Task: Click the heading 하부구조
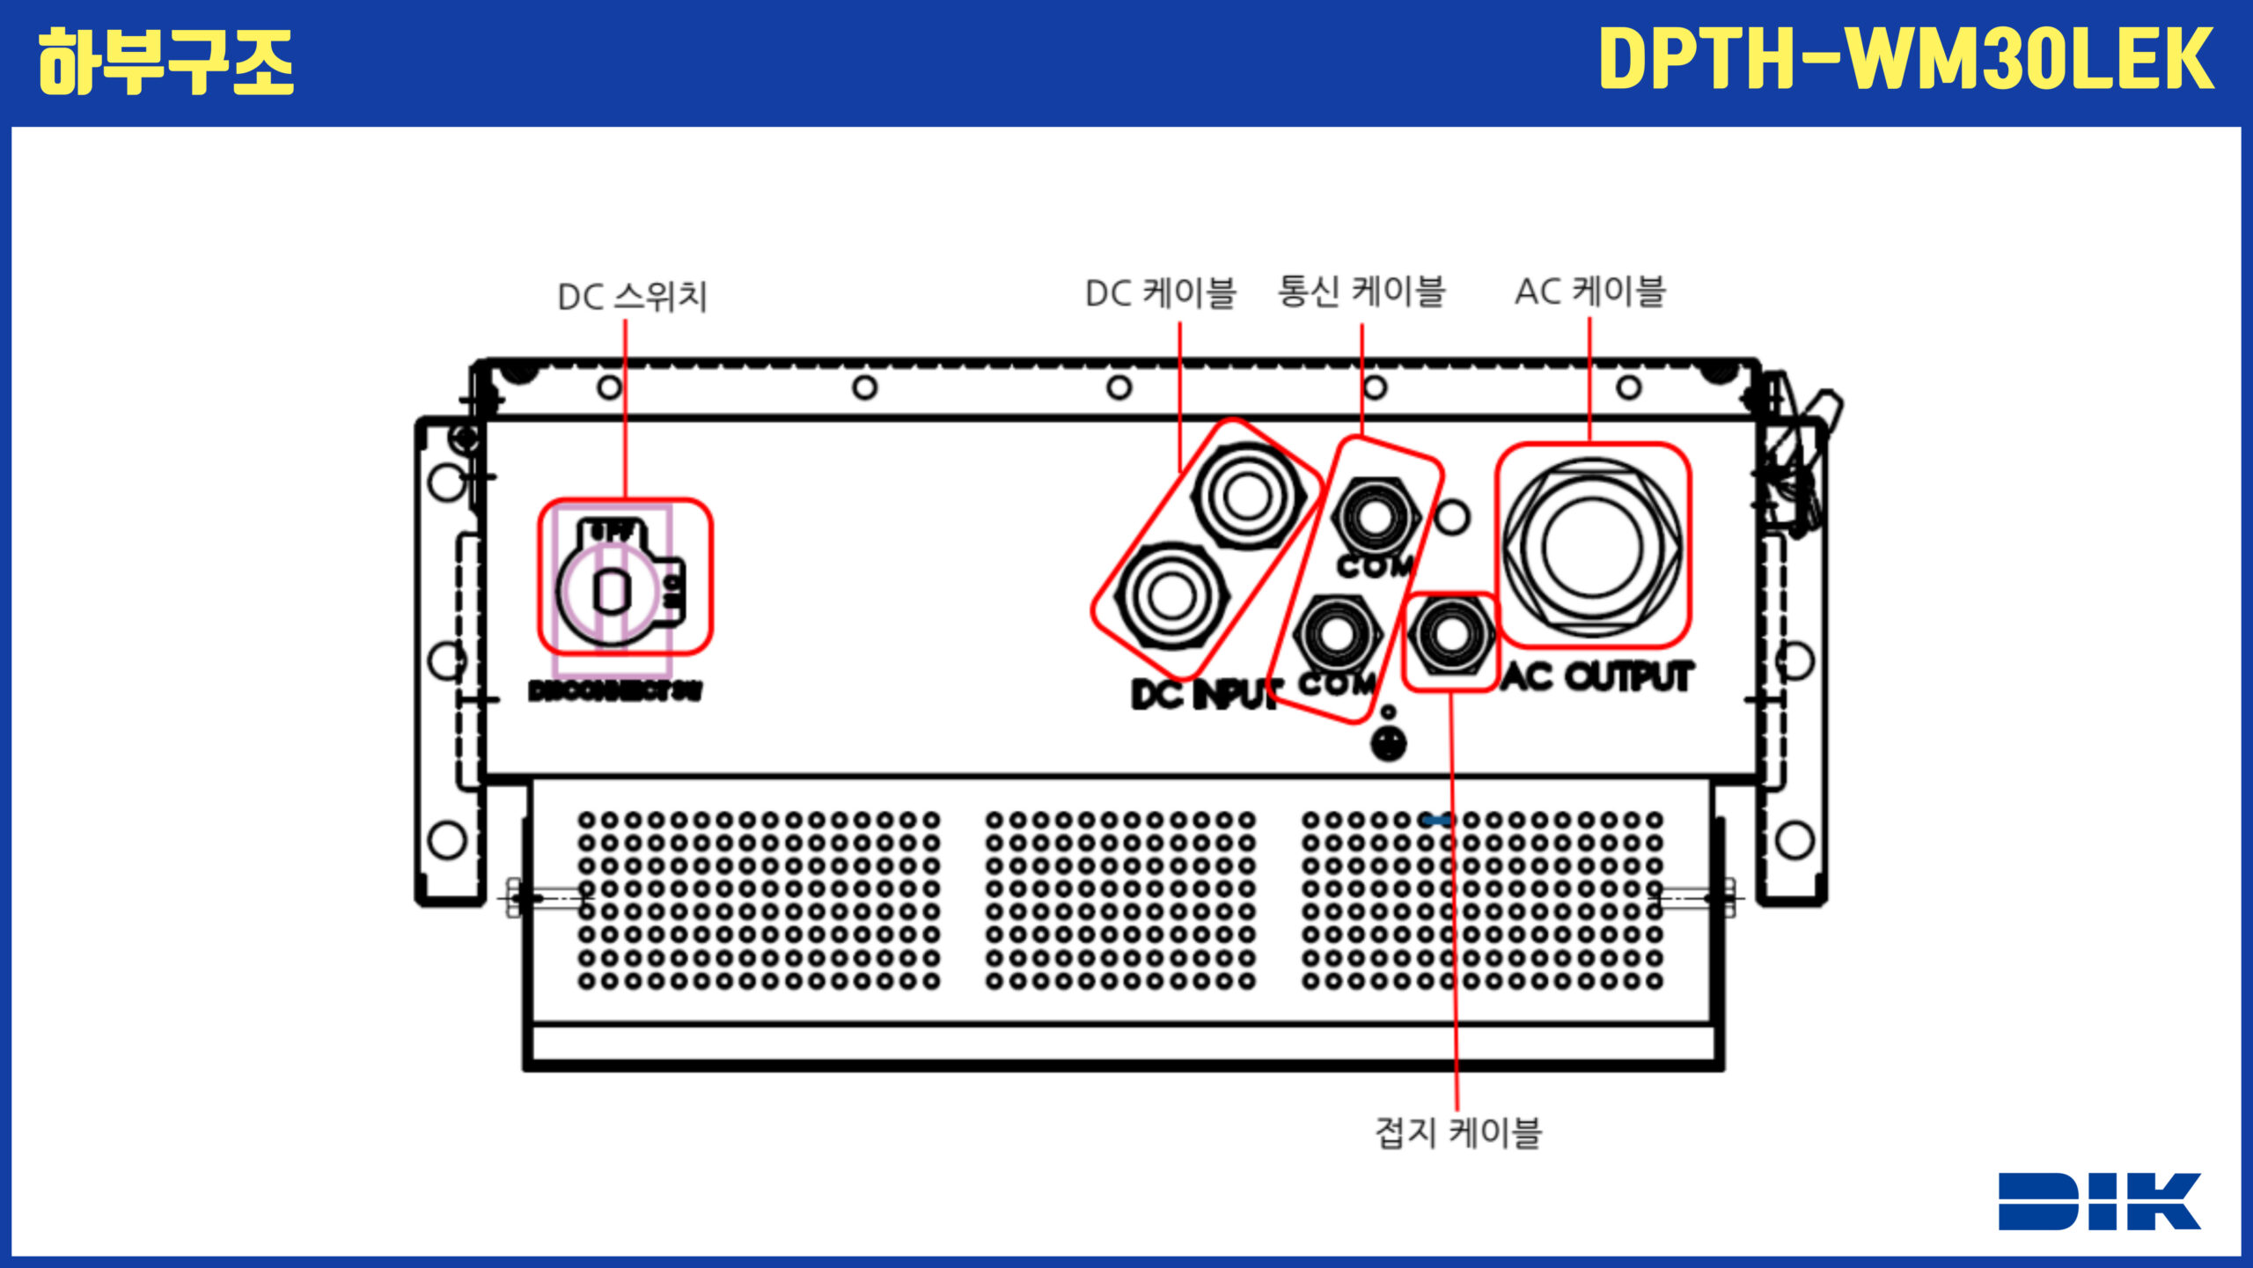pyautogui.click(x=165, y=62)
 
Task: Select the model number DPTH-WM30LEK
pyautogui.click(x=1905, y=59)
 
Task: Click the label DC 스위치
pyautogui.click(x=633, y=297)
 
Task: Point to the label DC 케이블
pyautogui.click(x=1161, y=293)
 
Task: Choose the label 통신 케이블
pyautogui.click(x=1361, y=291)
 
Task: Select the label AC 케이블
pyautogui.click(x=1590, y=291)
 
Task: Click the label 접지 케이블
pyautogui.click(x=1458, y=1132)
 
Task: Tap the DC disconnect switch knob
pyautogui.click(x=613, y=591)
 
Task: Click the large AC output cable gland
pyautogui.click(x=1592, y=547)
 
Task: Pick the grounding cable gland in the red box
pyautogui.click(x=1449, y=636)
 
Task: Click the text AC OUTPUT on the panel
pyautogui.click(x=1596, y=677)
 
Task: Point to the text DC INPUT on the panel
pyautogui.click(x=1204, y=695)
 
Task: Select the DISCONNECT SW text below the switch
pyautogui.click(x=615, y=691)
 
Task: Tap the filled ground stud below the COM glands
pyautogui.click(x=1388, y=745)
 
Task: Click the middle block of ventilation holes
pyautogui.click(x=1119, y=900)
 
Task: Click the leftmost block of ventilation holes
pyautogui.click(x=759, y=900)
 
